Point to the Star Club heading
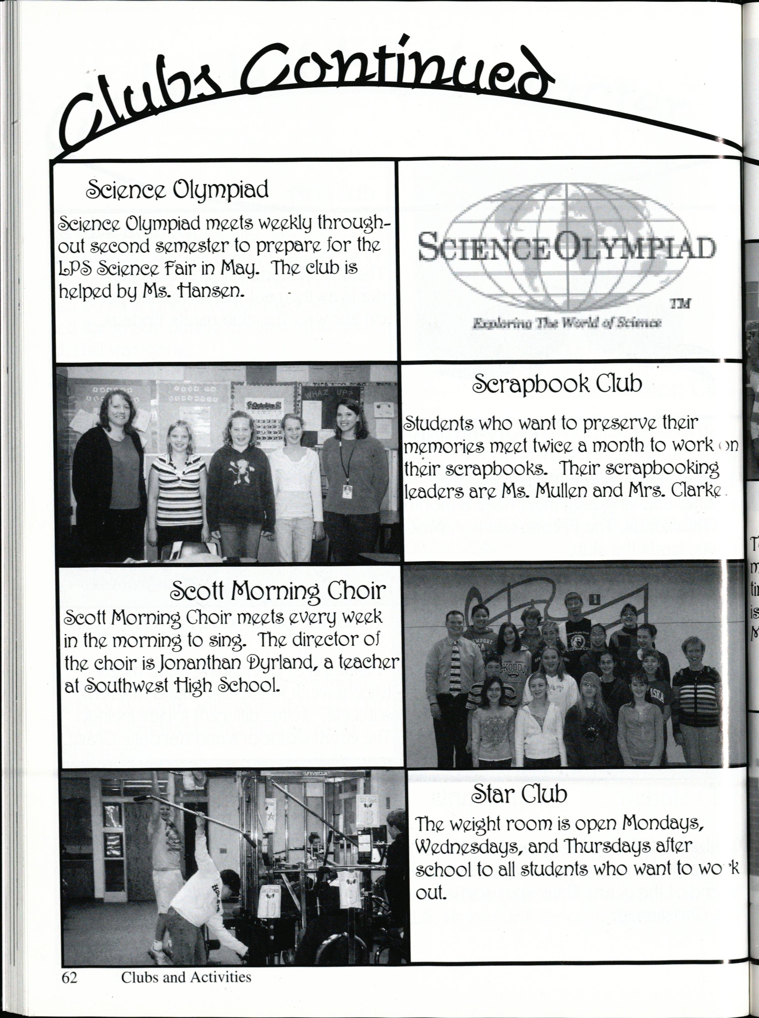(x=519, y=794)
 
